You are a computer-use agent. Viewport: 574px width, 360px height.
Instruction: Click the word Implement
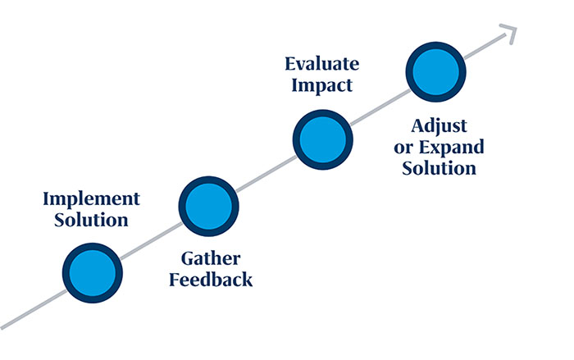tap(91, 199)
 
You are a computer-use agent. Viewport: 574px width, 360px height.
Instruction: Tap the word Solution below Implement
tap(91, 220)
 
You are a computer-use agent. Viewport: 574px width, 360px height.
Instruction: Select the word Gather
tap(210, 259)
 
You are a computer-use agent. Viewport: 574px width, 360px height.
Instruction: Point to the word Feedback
tap(210, 280)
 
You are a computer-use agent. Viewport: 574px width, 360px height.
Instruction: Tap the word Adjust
tap(440, 127)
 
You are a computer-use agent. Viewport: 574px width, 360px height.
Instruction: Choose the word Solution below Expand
tap(440, 169)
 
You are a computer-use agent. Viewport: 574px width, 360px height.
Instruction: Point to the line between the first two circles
tap(151, 236)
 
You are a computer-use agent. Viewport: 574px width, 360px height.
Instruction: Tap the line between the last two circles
tap(380, 106)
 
